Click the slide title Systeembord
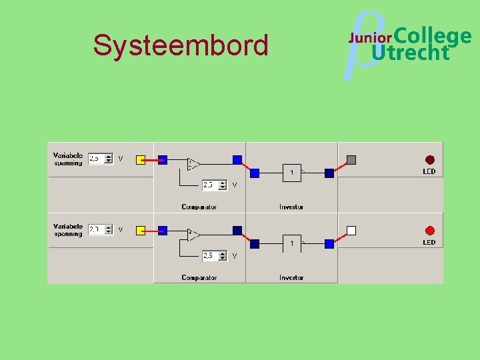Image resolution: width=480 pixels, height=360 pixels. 181,45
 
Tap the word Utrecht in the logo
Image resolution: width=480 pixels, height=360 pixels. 411,53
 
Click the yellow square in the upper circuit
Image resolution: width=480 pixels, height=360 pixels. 141,160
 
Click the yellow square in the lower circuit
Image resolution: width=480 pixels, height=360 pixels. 141,231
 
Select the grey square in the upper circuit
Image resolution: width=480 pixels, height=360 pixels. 351,160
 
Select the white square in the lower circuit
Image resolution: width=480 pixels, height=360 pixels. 351,231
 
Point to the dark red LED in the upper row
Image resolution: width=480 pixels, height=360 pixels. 429,160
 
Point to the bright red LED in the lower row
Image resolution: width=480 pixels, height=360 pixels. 429,230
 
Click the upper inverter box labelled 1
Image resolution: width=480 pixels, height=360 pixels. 291,173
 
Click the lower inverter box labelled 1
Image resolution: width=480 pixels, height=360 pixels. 291,243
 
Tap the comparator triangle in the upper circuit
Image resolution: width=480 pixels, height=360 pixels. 193,163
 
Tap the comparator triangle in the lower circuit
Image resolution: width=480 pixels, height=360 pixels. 193,234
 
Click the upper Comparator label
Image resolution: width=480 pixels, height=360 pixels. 199,207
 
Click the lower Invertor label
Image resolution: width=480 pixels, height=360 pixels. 291,277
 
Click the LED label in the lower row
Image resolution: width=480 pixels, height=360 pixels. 429,242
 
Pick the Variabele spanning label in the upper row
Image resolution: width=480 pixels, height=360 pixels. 68,159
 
